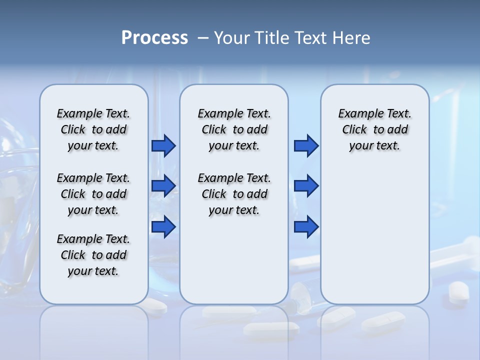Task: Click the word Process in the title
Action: [x=154, y=38]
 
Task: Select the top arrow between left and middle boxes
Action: [x=163, y=146]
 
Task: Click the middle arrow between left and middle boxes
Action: [x=163, y=186]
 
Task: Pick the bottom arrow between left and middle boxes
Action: [x=163, y=227]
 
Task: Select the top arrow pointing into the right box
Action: [x=306, y=146]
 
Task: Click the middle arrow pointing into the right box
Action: [x=306, y=186]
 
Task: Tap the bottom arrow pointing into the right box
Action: [x=306, y=227]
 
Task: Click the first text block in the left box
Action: [x=93, y=129]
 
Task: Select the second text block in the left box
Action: [x=93, y=194]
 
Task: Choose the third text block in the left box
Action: [x=93, y=255]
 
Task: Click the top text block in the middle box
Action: [x=234, y=129]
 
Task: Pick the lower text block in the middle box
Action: [x=234, y=194]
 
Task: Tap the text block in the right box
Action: [x=374, y=129]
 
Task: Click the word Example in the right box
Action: [x=356, y=114]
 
